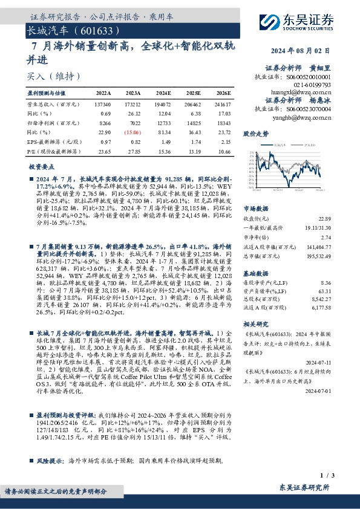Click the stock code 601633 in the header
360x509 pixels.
90,29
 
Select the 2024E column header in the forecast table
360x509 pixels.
163,93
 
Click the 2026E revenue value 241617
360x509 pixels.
221,105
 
